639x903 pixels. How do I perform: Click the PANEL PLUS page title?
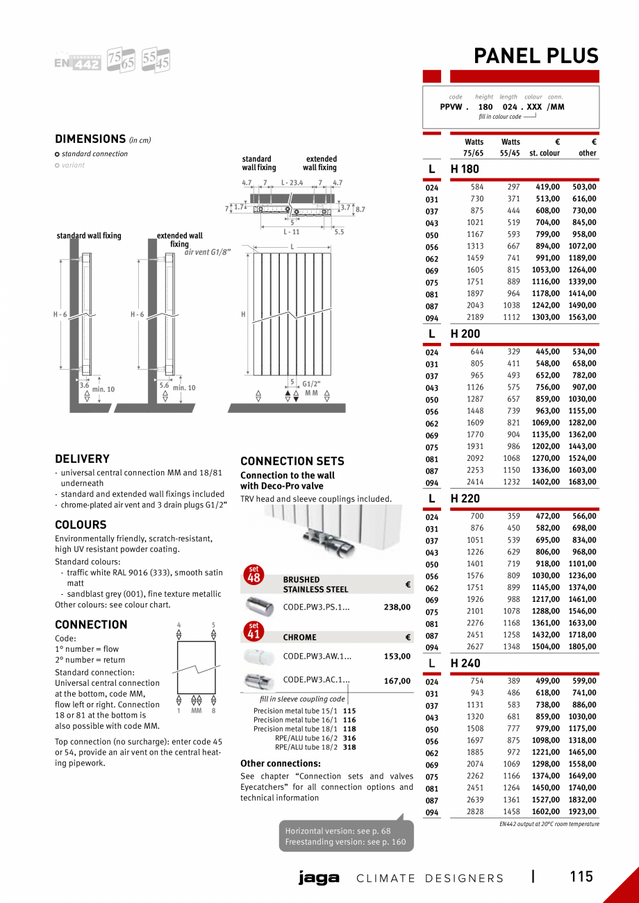pos(536,56)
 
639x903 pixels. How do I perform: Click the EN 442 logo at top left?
pos(78,62)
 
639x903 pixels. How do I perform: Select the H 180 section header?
pos(465,169)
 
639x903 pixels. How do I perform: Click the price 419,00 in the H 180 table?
pos(547,187)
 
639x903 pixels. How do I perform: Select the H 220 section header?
pos(465,498)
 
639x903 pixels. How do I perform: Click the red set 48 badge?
pos(254,575)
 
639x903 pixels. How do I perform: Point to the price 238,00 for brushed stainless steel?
pos(397,607)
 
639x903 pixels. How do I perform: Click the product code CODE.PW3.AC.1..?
pos(317,680)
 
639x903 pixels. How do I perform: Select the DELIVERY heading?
pos(82,459)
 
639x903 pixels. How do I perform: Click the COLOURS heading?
pos(81,525)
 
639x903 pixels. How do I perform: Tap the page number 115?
pos(581,877)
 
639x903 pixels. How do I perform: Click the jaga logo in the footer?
pos(319,878)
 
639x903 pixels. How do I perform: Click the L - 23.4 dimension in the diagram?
pos(292,183)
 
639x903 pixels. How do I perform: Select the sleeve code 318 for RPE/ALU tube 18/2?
pos(349,748)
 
